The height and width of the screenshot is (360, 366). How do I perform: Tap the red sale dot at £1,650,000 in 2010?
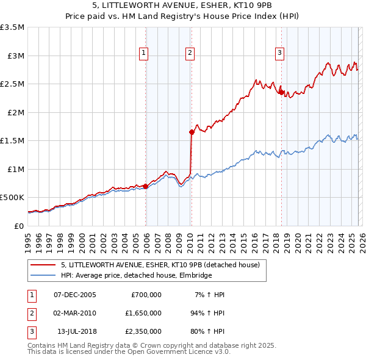point(192,132)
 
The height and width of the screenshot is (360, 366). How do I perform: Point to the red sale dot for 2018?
point(281,92)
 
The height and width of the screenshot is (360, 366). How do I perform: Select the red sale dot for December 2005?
point(146,186)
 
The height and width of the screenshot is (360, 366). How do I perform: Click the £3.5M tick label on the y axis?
point(13,27)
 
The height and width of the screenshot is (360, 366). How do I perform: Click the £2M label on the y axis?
point(15,112)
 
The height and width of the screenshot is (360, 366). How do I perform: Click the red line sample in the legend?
point(44,265)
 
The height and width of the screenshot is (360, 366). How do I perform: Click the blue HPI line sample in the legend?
point(44,276)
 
